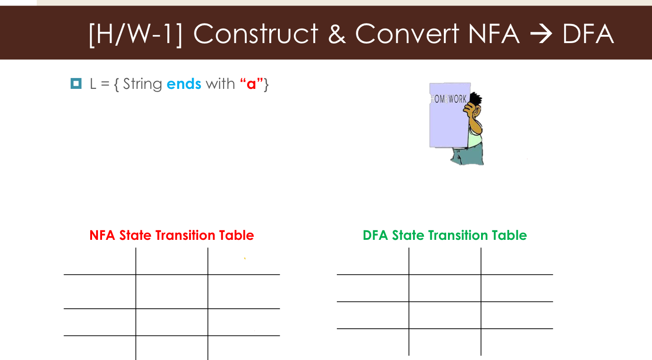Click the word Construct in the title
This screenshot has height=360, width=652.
click(x=256, y=34)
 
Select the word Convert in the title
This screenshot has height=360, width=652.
click(x=407, y=34)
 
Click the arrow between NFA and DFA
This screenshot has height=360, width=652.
click(x=541, y=34)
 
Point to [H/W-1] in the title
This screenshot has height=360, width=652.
click(x=136, y=34)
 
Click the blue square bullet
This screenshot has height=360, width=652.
click(x=76, y=83)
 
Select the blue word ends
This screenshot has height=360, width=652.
click(x=184, y=84)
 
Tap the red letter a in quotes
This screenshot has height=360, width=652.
click(x=251, y=84)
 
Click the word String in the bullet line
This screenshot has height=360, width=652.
click(x=142, y=84)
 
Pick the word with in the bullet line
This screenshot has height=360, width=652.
click(x=220, y=84)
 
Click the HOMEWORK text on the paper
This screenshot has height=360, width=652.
click(x=448, y=99)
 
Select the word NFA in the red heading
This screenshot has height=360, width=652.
click(x=102, y=235)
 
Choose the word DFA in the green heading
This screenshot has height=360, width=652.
click(x=375, y=235)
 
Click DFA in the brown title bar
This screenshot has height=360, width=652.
click(x=588, y=34)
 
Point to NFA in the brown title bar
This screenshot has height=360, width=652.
click(x=494, y=34)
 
